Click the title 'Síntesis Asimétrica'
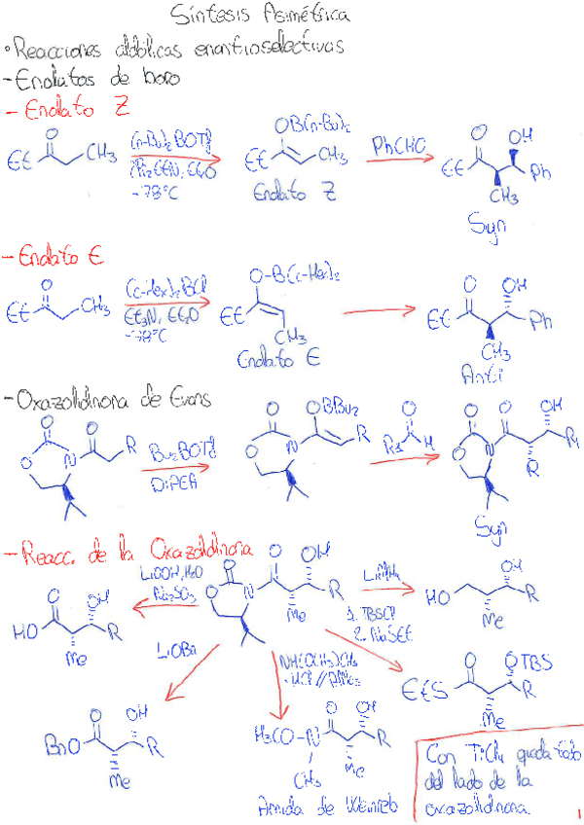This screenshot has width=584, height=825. coord(260,16)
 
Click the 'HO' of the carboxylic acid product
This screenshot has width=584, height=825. coord(25,629)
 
